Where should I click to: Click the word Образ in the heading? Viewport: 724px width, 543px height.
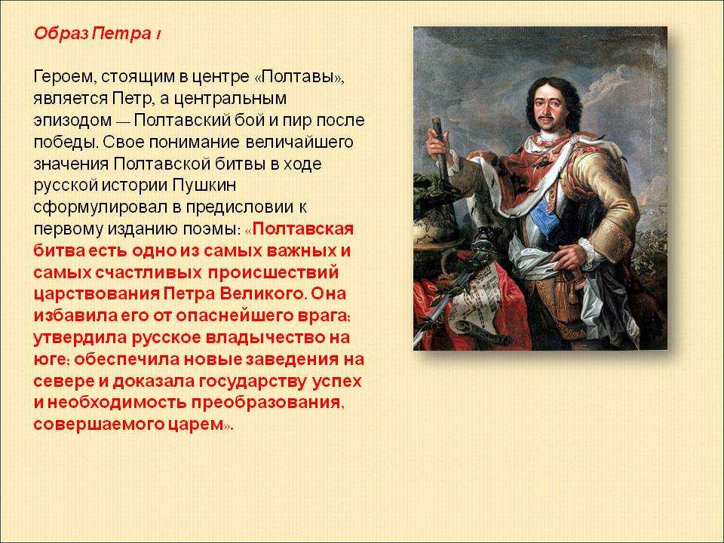(x=61, y=35)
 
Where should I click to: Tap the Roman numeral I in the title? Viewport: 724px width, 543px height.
(x=158, y=35)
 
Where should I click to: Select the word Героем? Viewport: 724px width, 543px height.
(x=63, y=77)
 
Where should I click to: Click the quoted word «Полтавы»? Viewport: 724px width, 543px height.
(x=299, y=77)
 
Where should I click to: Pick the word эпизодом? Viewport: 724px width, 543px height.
(x=73, y=121)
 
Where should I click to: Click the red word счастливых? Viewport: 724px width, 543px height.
(x=149, y=272)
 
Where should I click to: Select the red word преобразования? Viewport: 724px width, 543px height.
(x=268, y=403)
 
